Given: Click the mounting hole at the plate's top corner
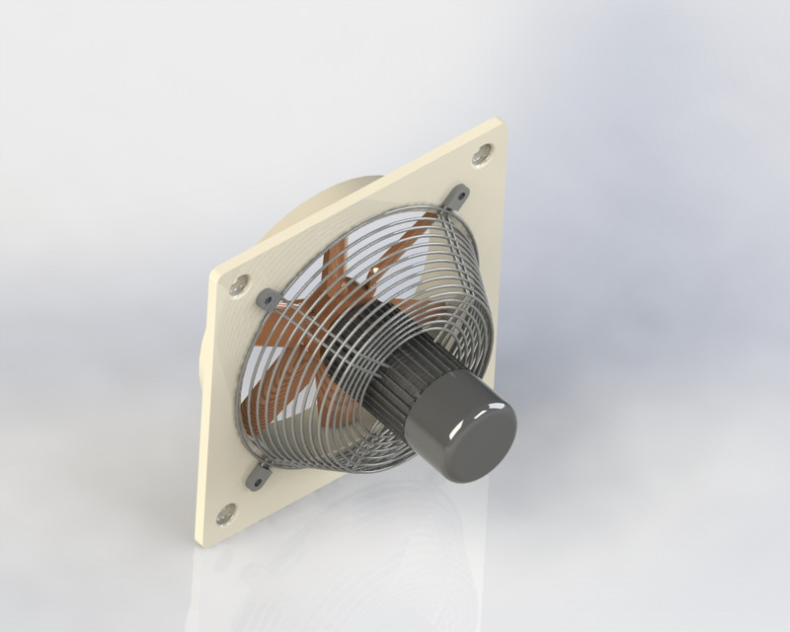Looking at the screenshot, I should [482, 154].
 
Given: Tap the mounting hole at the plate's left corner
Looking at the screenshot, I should [238, 287].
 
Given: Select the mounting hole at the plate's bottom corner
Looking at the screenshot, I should [226, 513].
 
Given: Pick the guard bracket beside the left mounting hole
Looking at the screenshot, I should [267, 298].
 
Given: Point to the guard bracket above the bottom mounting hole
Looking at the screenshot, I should [259, 475].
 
